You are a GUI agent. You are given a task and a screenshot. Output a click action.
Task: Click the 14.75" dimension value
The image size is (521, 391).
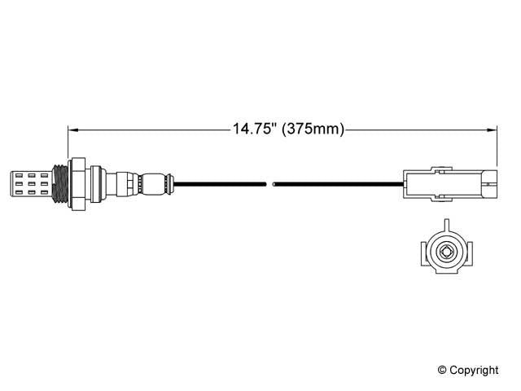[x=254, y=129]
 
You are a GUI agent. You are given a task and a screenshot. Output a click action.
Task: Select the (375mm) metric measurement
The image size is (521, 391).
[x=313, y=129]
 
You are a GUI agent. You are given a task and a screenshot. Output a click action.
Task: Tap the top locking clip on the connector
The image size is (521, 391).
[x=440, y=169]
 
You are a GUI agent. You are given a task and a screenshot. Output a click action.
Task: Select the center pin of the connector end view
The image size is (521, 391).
[x=445, y=251]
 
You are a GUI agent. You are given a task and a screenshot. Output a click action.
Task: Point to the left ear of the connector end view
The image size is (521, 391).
[x=420, y=251]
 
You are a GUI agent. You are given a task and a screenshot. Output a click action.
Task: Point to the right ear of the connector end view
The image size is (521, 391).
[x=471, y=251]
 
